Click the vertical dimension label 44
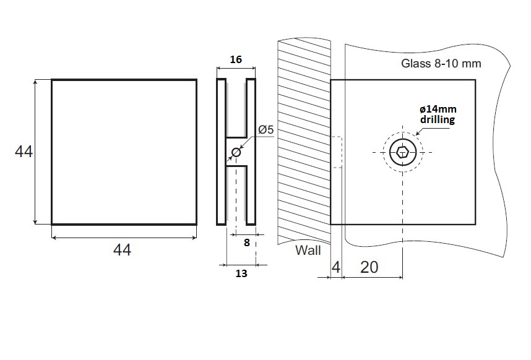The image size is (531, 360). coord(24,152)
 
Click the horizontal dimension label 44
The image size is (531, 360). coord(122,251)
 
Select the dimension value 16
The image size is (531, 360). coord(235,60)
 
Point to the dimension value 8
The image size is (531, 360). coord(246,243)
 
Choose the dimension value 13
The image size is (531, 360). coord(241,273)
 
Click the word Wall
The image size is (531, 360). coord(308,251)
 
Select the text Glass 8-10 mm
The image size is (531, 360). coord(441,63)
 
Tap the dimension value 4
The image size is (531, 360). coord(335,267)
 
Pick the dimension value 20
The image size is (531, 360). coord(369,267)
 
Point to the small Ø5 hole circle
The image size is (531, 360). coord(236,152)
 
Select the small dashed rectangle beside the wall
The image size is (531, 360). coord(337,152)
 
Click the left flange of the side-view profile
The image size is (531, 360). coord(221,152)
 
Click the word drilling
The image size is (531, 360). coord(438,120)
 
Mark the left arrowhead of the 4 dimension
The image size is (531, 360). coord(327,277)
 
